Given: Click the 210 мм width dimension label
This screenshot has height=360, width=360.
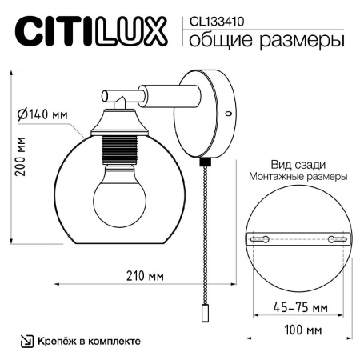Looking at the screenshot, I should pos(145,277).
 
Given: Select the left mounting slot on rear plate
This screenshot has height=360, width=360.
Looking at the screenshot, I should pos(259,239).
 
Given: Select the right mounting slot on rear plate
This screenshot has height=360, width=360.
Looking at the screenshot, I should pos(336,239).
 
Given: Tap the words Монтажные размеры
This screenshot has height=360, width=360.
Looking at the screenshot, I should pos(298,176).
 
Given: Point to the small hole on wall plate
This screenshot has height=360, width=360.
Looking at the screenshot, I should pos(230,114).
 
